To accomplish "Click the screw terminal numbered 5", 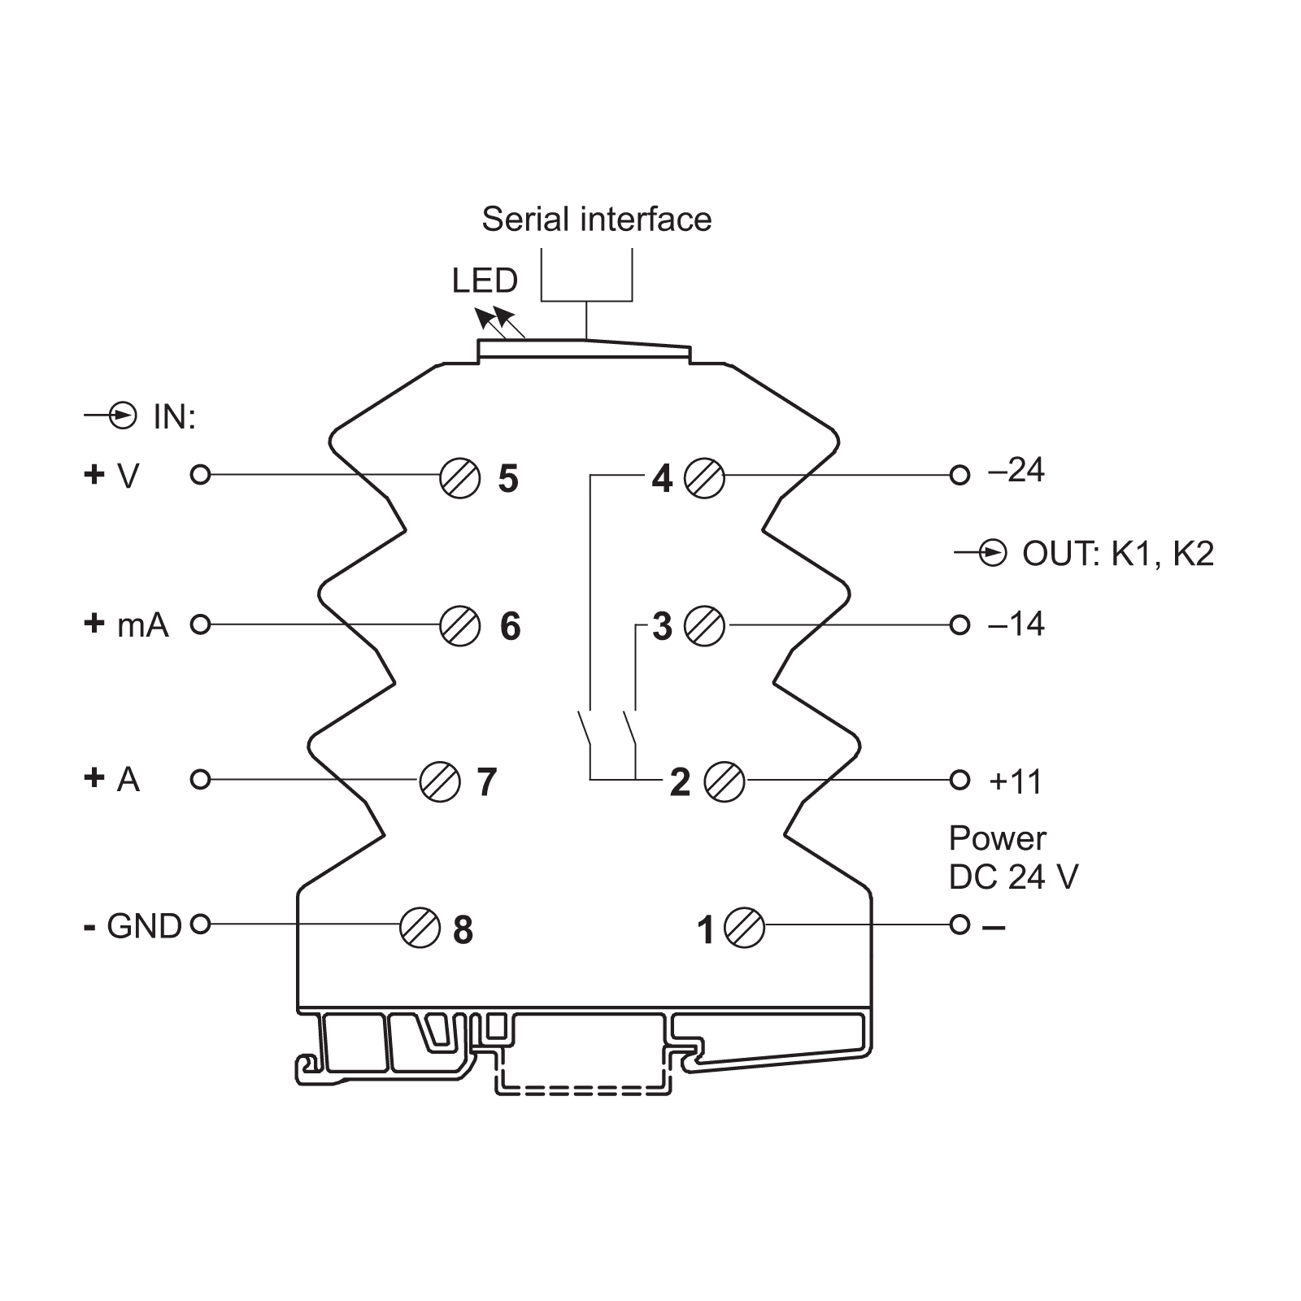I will point(459,477).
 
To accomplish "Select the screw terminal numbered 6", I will point(459,625).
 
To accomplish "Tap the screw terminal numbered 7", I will point(440,781).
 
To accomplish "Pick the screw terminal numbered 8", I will point(420,928).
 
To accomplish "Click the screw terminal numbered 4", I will point(704,477).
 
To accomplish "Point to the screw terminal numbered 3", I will point(704,626).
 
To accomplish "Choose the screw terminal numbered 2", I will point(724,781).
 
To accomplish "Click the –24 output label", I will point(1016,471).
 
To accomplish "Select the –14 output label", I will point(1016,624).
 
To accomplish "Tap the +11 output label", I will point(1016,781).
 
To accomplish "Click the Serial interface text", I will point(596,220).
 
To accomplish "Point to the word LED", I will point(485,281).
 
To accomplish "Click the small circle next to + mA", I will point(200,624).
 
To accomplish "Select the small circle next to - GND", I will point(200,925).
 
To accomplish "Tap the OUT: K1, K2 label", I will point(1117,554).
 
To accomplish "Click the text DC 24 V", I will point(1013,877).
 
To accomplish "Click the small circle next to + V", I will point(200,474).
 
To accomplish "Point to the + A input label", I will point(112,779).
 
